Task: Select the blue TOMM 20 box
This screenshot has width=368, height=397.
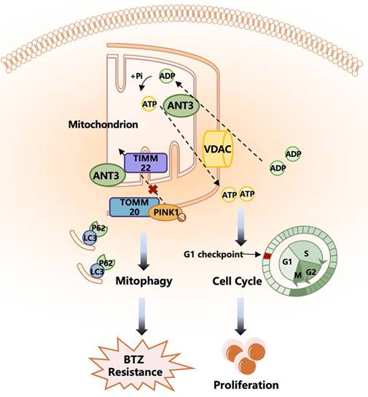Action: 129,209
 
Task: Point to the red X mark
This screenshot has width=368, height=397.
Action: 153,190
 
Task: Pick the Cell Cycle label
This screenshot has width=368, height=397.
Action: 238,280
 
